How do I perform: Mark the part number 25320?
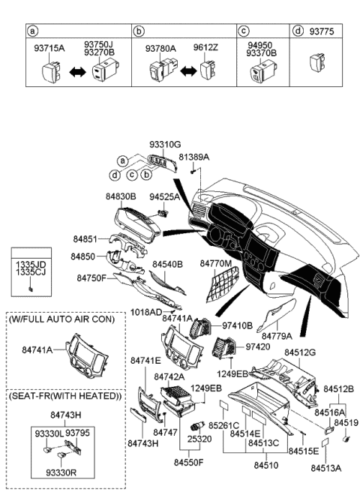click(199, 437)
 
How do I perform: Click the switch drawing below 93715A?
click(50, 73)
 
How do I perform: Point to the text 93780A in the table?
click(160, 49)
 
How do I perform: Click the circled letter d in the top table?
click(298, 31)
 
